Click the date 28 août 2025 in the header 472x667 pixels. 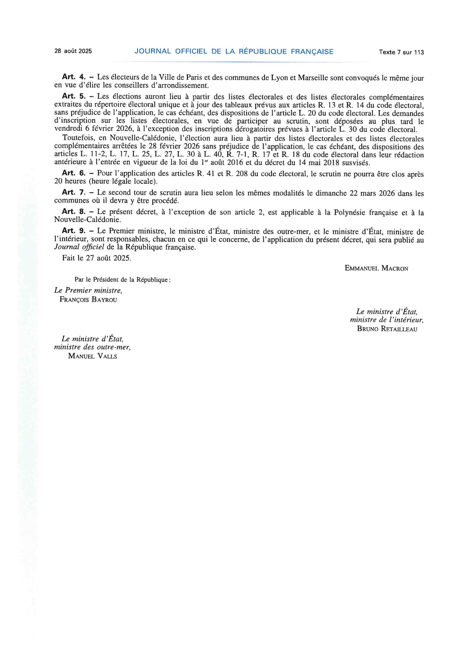[x=73, y=51]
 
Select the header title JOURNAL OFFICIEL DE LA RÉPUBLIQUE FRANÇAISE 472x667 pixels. [x=234, y=52]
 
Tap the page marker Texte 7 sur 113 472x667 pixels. [x=401, y=52]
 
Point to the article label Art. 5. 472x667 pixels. [x=74, y=96]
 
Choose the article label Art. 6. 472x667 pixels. [x=74, y=173]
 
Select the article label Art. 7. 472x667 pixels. [x=74, y=193]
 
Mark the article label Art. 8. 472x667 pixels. [x=74, y=212]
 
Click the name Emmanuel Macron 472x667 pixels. [x=376, y=268]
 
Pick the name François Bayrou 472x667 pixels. [x=88, y=300]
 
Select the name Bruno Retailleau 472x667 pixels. [x=387, y=329]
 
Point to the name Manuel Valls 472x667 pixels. [x=93, y=356]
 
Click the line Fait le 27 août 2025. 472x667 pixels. [x=96, y=258]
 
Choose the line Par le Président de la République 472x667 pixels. [x=123, y=280]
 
